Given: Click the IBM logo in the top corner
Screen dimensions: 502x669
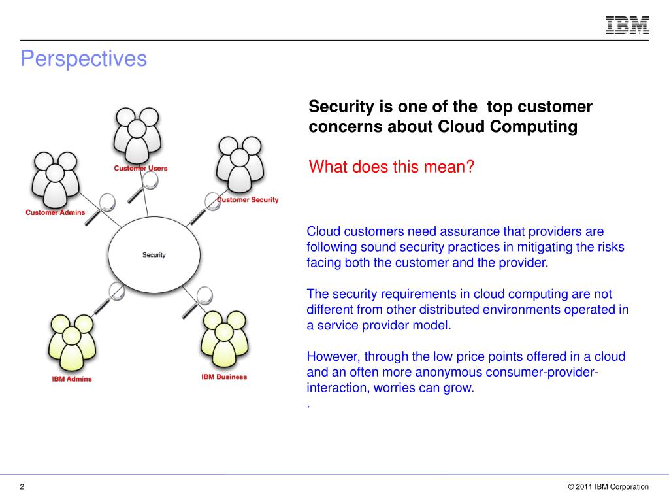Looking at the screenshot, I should (x=627, y=25).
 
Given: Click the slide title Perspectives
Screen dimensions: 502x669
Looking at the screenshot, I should (x=84, y=59).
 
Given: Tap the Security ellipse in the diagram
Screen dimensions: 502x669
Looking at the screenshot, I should (x=154, y=254).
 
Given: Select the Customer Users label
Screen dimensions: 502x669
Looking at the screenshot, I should (x=140, y=168).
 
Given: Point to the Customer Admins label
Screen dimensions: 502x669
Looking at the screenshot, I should (x=56, y=212).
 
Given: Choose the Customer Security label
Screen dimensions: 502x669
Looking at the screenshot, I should (x=248, y=199).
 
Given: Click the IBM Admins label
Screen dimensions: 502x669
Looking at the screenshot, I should (x=72, y=379).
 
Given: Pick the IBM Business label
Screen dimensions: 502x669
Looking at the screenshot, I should (x=224, y=376).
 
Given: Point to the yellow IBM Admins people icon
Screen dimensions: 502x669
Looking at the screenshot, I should (x=73, y=343).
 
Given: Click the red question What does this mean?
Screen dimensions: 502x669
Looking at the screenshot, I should (x=391, y=167).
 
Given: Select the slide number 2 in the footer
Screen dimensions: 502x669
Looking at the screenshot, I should (x=22, y=486).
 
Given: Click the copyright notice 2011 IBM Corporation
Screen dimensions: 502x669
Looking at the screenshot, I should (x=608, y=486).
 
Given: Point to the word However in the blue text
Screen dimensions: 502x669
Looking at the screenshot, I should (x=333, y=357).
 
